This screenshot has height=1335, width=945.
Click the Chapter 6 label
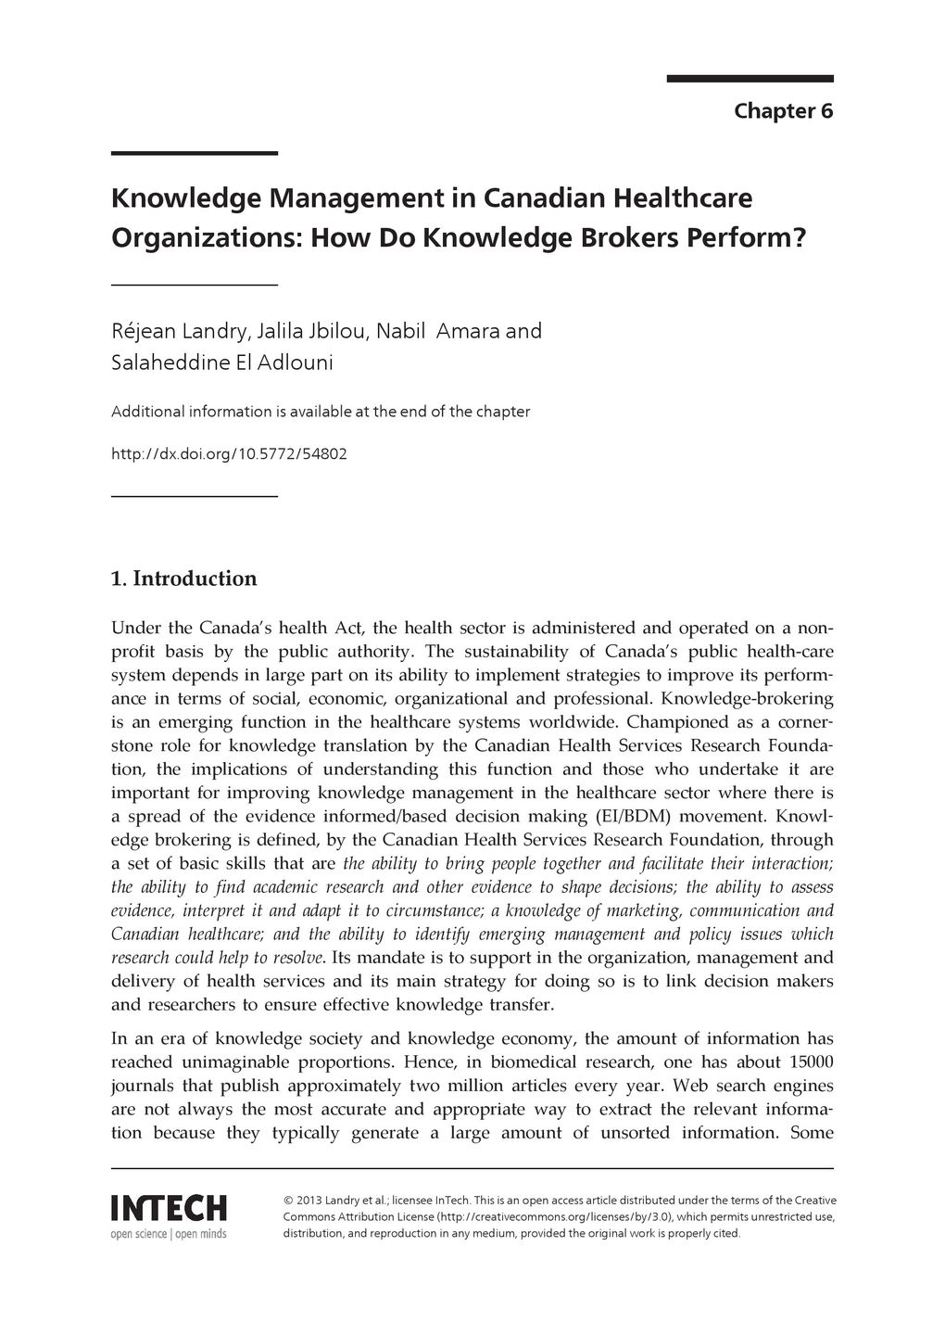click(783, 111)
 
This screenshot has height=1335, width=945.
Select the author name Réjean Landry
click(175, 331)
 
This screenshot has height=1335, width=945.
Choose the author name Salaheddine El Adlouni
click(222, 362)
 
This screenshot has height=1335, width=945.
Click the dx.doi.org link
click(229, 455)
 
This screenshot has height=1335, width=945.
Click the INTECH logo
click(169, 1208)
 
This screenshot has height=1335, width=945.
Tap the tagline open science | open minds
click(169, 1234)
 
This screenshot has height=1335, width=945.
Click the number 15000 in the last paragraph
click(812, 1062)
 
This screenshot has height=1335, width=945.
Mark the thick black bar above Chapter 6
click(750, 79)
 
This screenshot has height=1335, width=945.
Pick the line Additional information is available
click(321, 411)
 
